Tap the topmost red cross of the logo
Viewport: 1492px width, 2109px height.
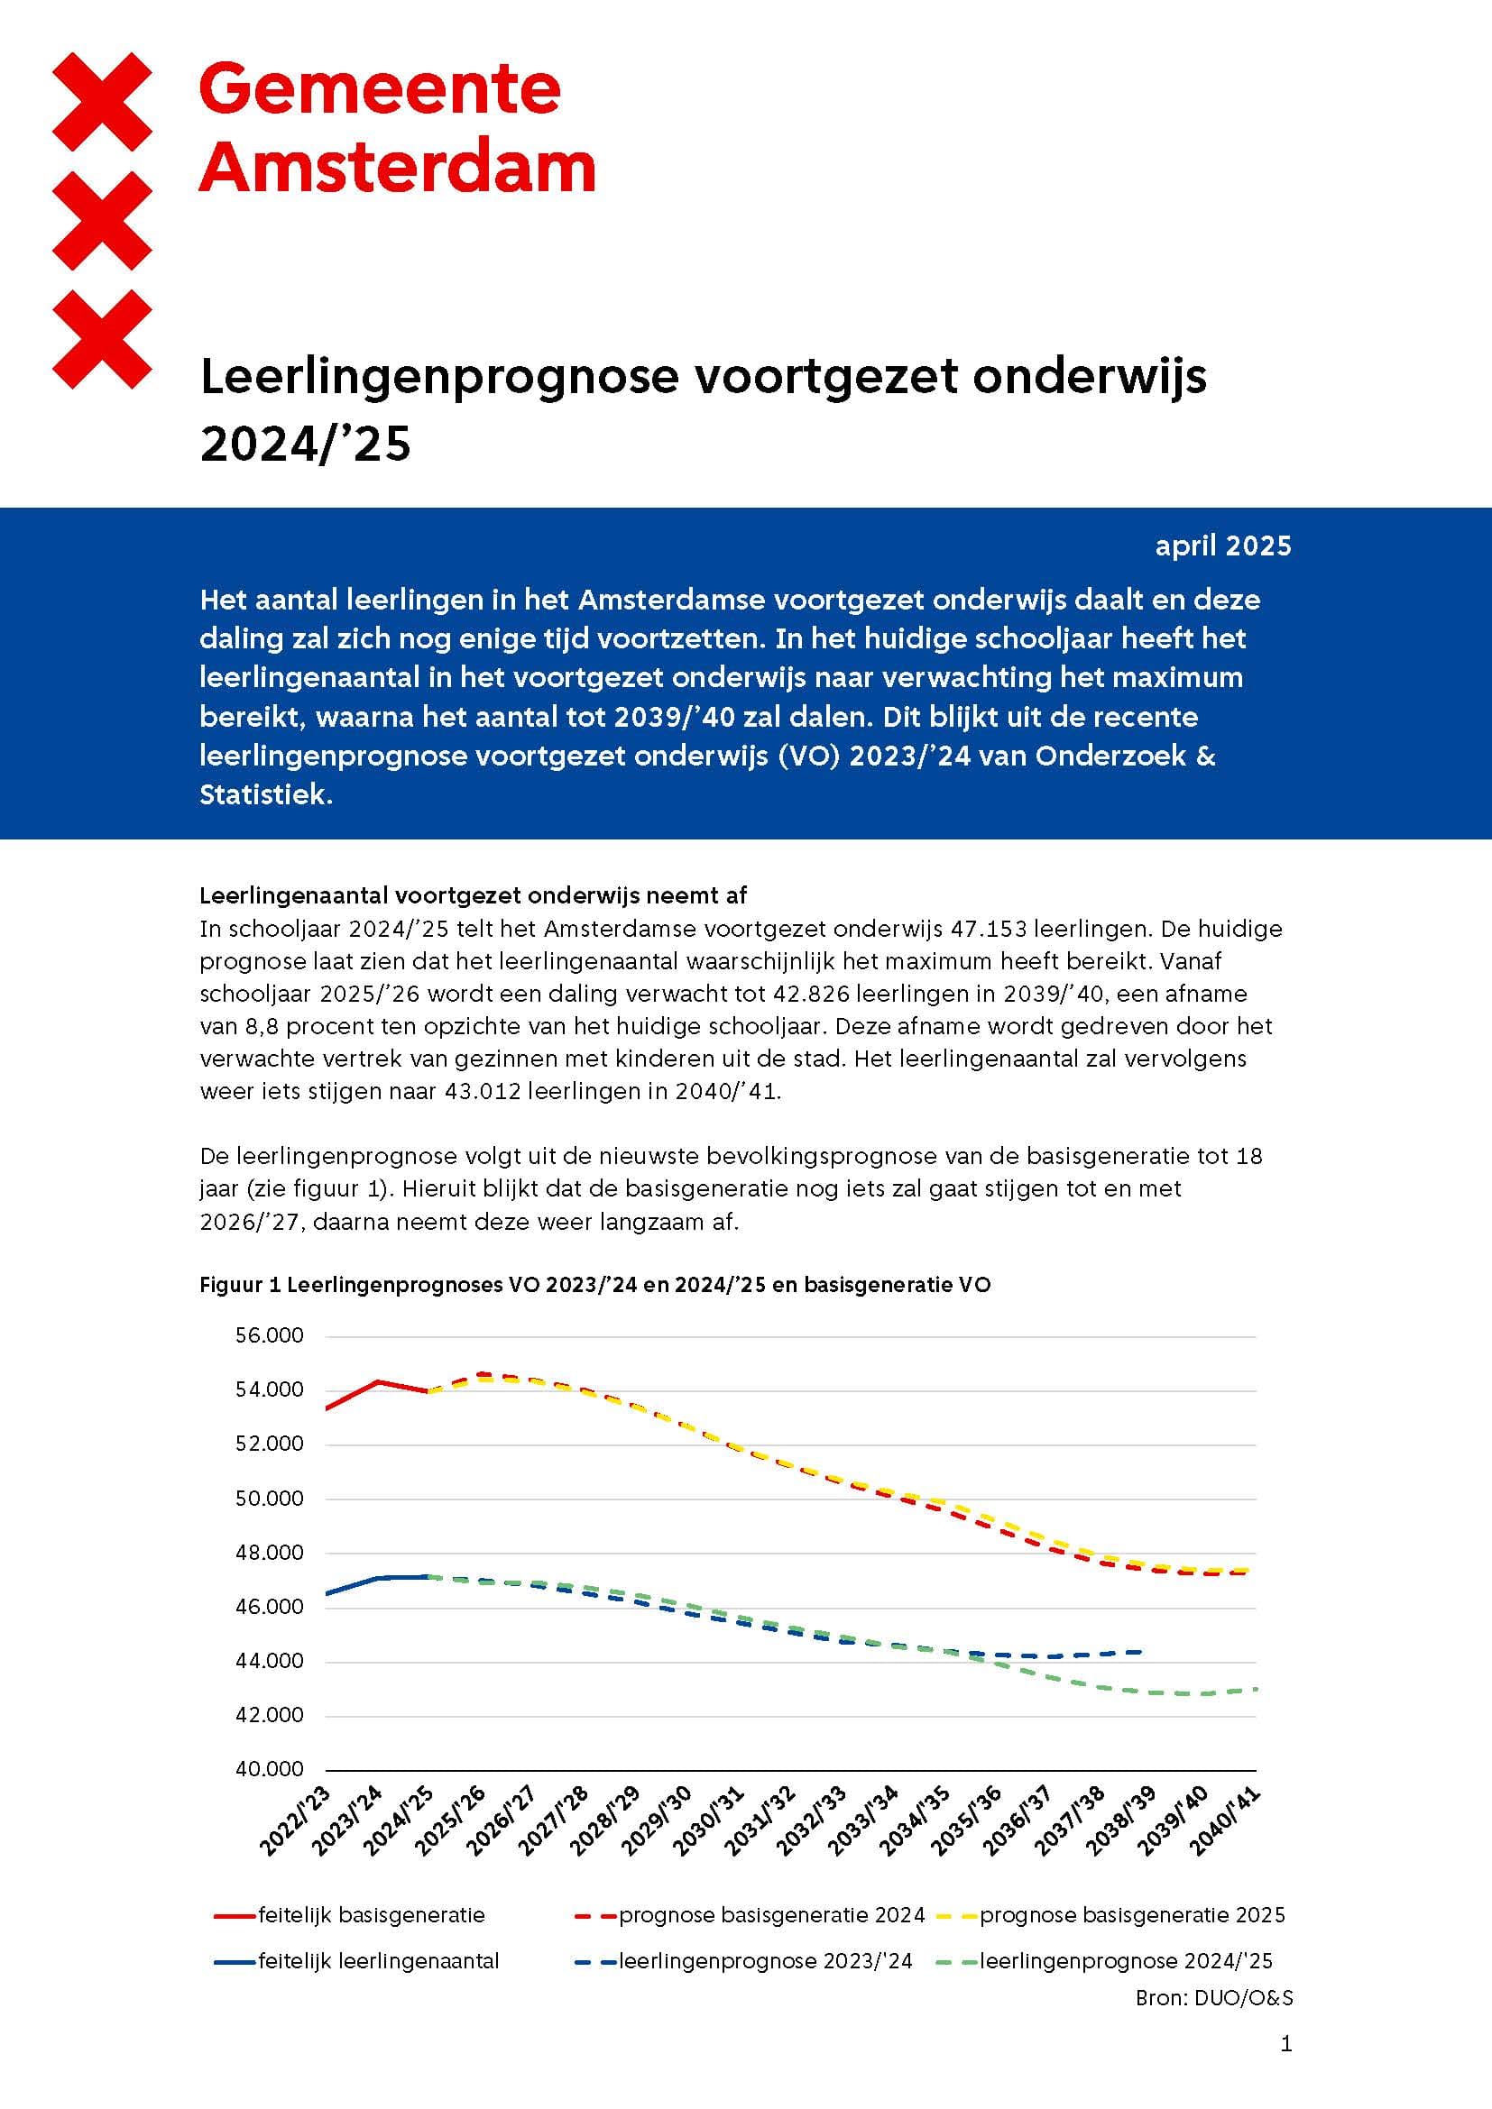pyautogui.click(x=103, y=101)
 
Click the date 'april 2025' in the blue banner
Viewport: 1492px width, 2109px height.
pyautogui.click(x=1223, y=546)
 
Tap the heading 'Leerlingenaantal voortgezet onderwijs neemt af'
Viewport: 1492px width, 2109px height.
pyautogui.click(x=474, y=894)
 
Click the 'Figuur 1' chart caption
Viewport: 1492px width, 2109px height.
pyautogui.click(x=594, y=1285)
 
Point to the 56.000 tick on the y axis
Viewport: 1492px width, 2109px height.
pyautogui.click(x=269, y=1335)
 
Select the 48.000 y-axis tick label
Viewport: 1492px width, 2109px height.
pyautogui.click(x=269, y=1554)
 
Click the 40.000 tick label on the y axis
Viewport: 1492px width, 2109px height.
pyautogui.click(x=269, y=1769)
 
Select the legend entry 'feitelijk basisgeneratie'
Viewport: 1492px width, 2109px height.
pyautogui.click(x=371, y=1915)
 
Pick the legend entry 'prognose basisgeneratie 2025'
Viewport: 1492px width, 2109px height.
pyautogui.click(x=1132, y=1915)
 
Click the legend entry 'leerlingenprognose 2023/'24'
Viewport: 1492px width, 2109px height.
pyautogui.click(x=765, y=1961)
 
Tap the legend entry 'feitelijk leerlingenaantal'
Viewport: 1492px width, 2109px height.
pyautogui.click(x=379, y=1961)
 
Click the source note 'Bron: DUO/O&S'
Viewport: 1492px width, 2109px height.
pyautogui.click(x=1213, y=1998)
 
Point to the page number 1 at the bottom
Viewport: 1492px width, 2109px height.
pyautogui.click(x=1286, y=2044)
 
